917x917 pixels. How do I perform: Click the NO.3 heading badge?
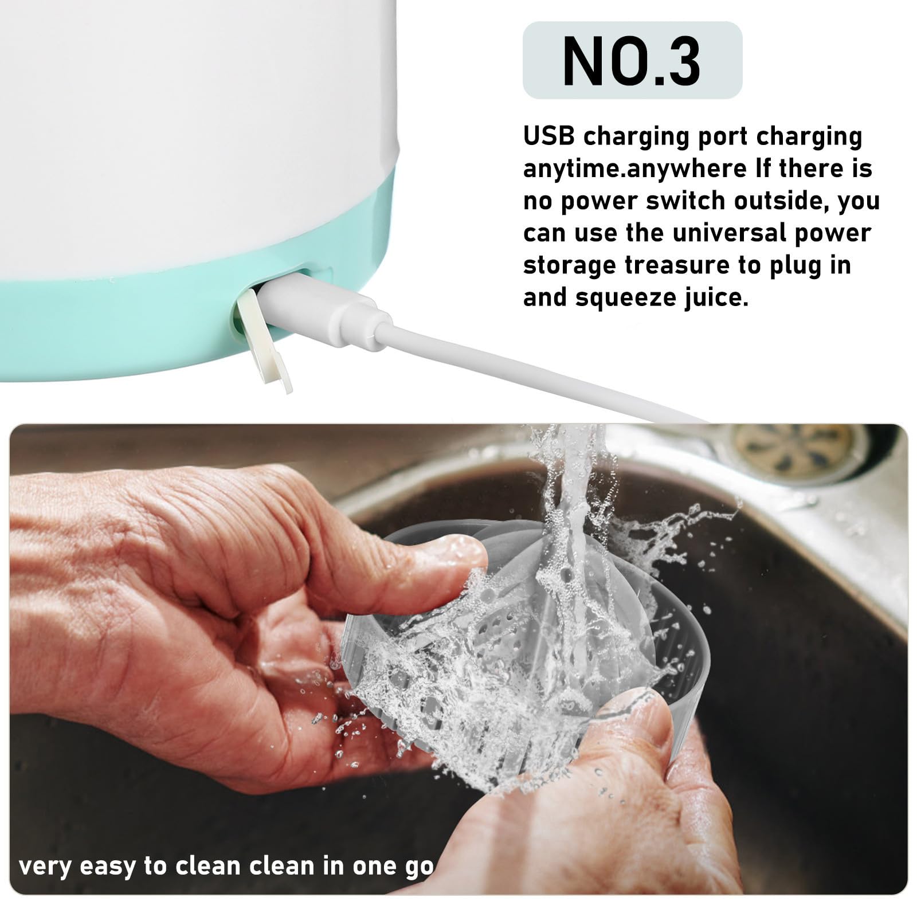click(x=632, y=60)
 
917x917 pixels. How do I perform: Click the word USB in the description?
click(x=548, y=136)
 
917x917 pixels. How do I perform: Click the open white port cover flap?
click(x=264, y=340)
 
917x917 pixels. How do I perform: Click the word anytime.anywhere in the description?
click(x=634, y=170)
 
